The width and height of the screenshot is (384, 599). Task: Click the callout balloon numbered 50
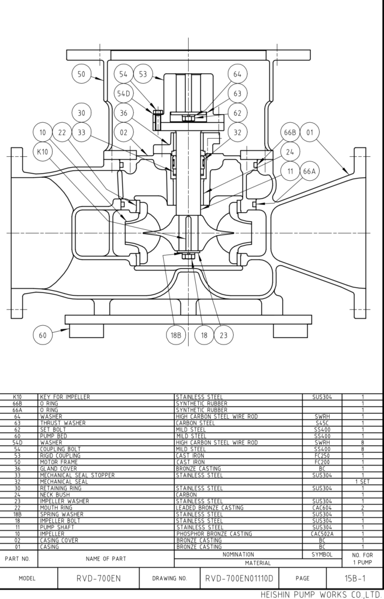pos(81,74)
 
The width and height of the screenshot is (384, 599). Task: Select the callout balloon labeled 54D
pos(123,94)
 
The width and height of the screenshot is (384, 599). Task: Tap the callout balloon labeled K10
pos(42,152)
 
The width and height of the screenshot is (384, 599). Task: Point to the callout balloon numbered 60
pos(42,335)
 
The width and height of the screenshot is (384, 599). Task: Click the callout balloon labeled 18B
pos(175,335)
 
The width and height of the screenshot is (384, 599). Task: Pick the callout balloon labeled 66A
pos(309,171)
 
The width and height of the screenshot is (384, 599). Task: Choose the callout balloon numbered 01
pos(310,132)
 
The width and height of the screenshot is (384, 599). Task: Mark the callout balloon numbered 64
pos(237,74)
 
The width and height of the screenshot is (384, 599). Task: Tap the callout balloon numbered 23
pos(223,335)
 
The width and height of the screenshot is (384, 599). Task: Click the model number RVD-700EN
pos(98,579)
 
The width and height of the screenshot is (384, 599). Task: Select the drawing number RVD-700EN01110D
pos(239,579)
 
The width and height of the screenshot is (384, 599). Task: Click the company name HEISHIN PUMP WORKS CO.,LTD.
pos(321,594)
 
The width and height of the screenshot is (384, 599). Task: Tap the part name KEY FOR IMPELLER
pos(65,397)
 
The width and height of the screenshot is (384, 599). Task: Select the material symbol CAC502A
pos(322,534)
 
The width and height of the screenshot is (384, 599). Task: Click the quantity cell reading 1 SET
pos(362,482)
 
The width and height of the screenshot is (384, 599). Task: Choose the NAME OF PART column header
pos(106,559)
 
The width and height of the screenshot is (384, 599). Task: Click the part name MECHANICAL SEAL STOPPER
pos(77,476)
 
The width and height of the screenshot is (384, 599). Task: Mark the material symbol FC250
pos(322,456)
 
